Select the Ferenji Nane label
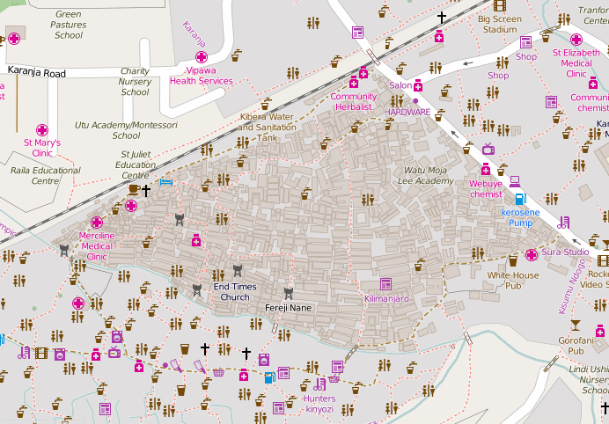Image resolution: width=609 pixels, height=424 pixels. tap(289, 308)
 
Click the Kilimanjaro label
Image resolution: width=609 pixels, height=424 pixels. tap(386, 299)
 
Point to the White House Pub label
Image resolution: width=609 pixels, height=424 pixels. tap(513, 281)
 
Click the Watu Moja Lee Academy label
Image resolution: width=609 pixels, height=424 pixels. tap(429, 175)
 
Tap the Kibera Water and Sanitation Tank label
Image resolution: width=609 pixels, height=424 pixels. tap(267, 127)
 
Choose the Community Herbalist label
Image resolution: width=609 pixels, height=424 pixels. tap(353, 101)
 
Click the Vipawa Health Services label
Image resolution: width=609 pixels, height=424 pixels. tap(202, 75)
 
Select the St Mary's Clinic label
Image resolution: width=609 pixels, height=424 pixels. tap(41, 147)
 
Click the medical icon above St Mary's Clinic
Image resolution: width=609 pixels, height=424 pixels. tap(41, 129)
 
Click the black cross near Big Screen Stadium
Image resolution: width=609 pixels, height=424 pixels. tap(442, 17)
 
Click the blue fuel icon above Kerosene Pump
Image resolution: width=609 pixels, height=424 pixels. tap(519, 199)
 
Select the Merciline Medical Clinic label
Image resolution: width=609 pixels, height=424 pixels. tap(97, 246)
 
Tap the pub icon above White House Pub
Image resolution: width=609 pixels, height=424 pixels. tap(513, 260)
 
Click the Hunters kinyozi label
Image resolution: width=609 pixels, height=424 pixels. tap(319, 404)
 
